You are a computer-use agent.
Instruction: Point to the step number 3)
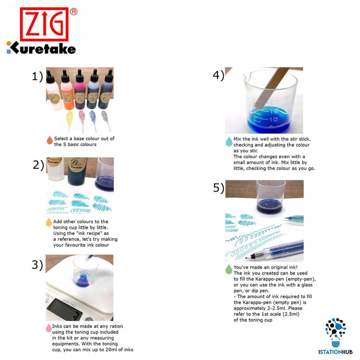click(37, 265)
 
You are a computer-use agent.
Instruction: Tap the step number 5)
click(218, 188)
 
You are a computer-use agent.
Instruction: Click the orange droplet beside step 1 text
click(49, 141)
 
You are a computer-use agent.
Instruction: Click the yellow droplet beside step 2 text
click(49, 222)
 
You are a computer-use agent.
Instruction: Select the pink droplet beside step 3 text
click(49, 328)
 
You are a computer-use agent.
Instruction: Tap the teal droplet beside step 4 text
click(229, 141)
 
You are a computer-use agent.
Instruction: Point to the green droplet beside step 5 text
click(229, 269)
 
